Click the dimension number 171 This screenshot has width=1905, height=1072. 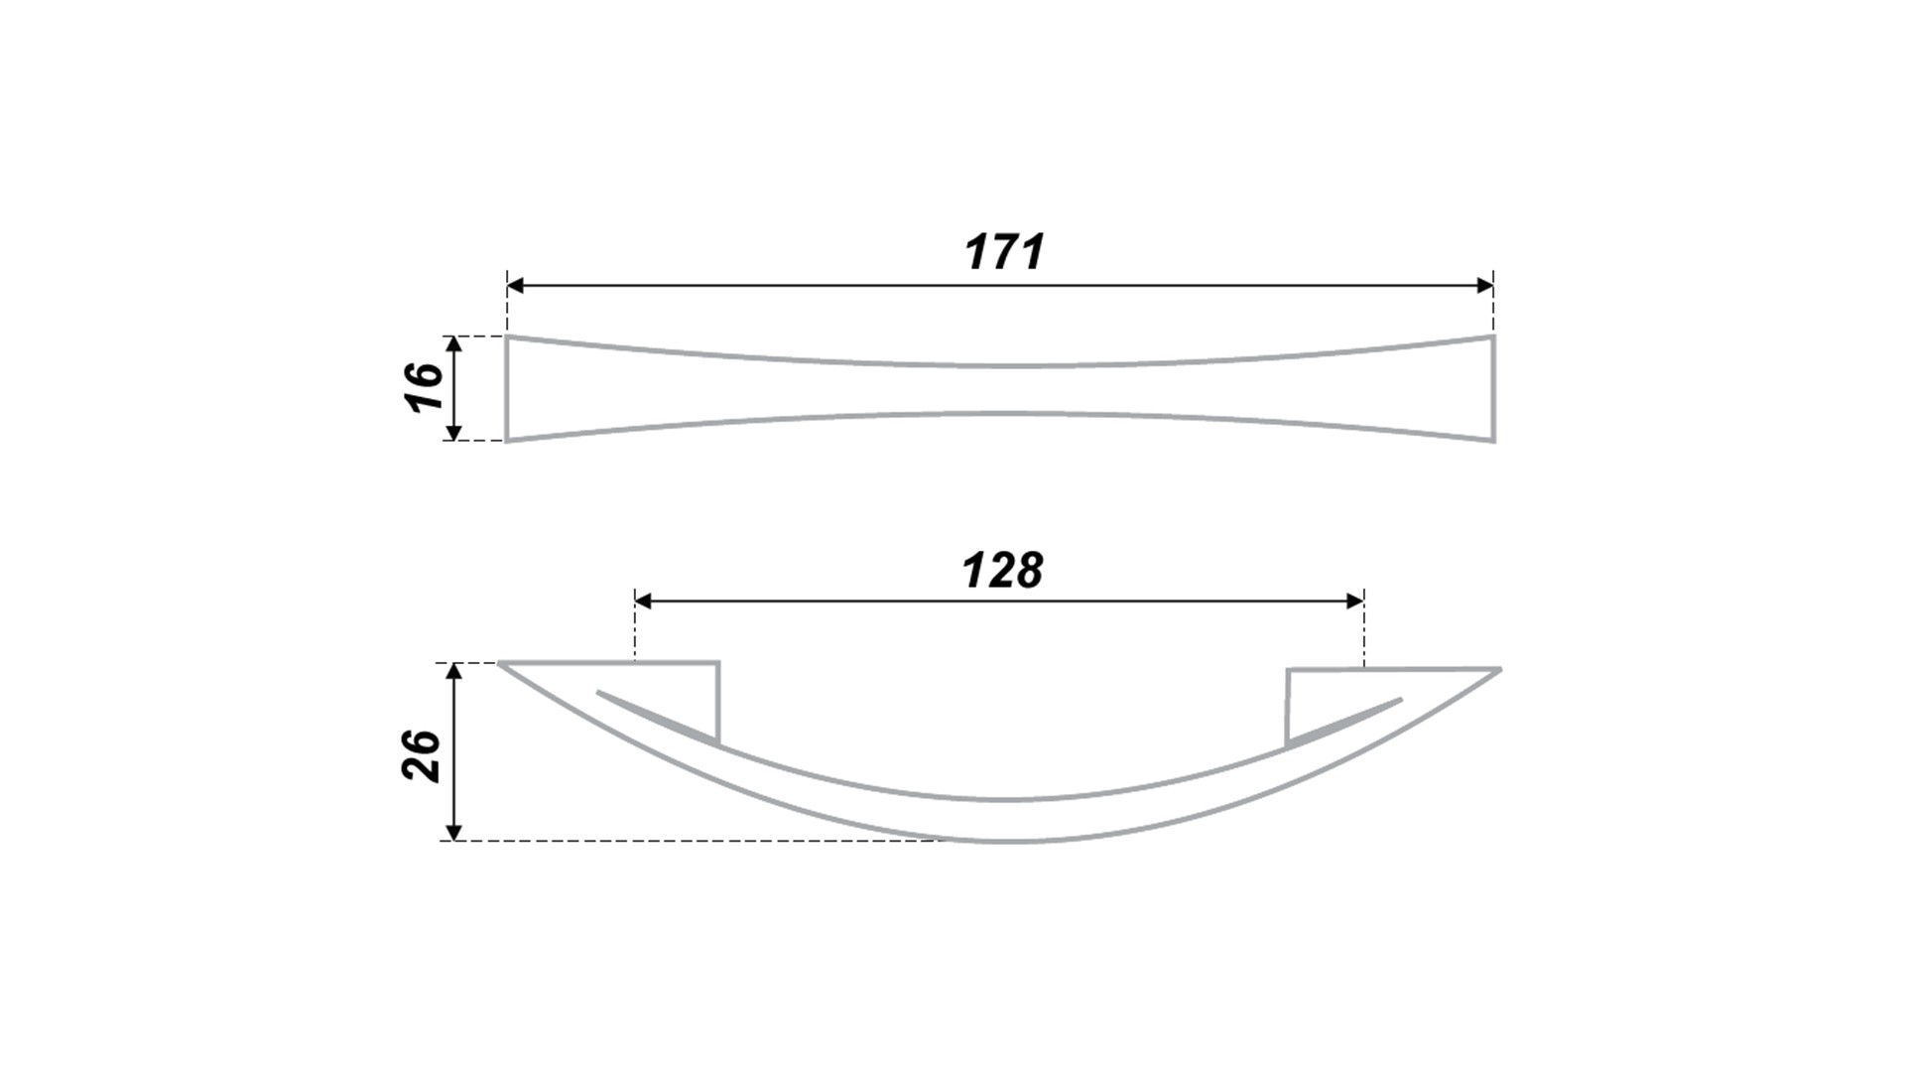[x=1004, y=252]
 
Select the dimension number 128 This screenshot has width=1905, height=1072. [x=1002, y=571]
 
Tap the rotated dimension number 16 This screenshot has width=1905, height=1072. [x=424, y=387]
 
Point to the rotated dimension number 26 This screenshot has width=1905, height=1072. [x=422, y=755]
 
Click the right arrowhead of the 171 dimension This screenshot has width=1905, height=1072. [x=1484, y=286]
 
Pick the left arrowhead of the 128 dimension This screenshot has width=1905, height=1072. [x=643, y=601]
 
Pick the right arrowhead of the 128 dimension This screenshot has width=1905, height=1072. [x=1355, y=601]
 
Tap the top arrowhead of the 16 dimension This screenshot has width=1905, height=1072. [x=453, y=345]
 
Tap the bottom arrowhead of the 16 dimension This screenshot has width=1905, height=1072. [x=453, y=431]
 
